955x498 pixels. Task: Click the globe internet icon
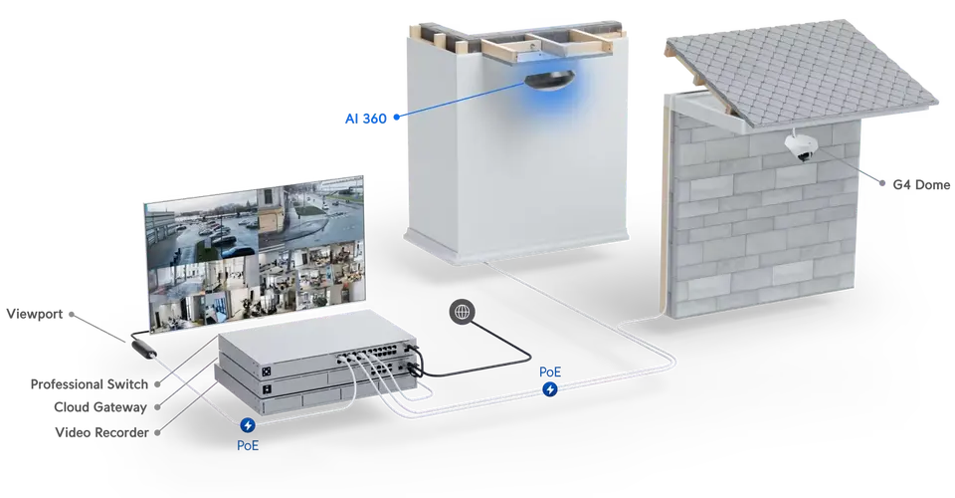point(461,311)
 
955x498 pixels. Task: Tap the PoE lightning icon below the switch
point(248,425)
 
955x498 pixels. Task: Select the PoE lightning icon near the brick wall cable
point(550,390)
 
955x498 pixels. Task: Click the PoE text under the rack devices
point(248,445)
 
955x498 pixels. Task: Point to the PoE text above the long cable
point(550,372)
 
